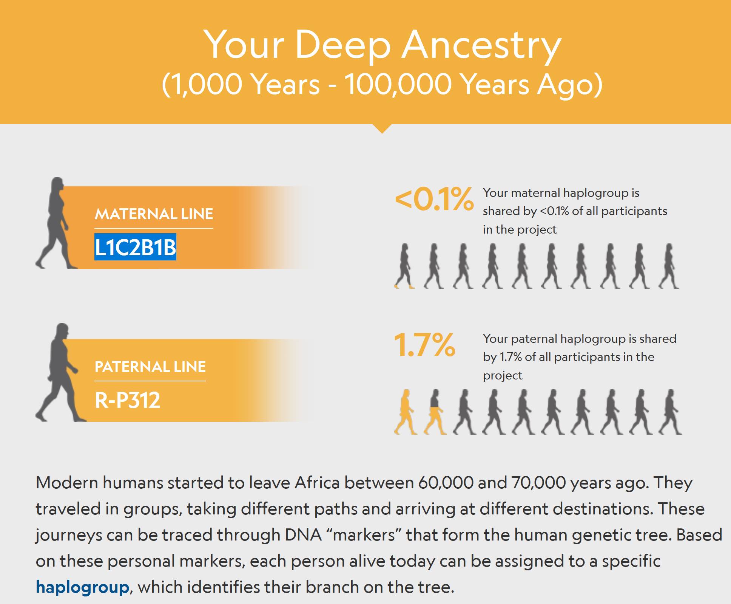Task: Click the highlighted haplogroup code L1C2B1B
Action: point(135,248)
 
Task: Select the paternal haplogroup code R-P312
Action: point(128,400)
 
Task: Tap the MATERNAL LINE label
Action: point(154,214)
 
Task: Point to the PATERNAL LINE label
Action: point(150,367)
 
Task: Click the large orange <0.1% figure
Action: point(434,199)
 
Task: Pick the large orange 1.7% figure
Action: point(424,345)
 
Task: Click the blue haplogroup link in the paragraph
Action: point(83,587)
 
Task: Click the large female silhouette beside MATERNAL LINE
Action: point(56,223)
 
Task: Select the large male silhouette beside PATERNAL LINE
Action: point(60,372)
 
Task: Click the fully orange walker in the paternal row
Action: point(405,412)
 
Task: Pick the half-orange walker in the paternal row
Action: point(435,412)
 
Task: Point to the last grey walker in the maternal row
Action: point(669,266)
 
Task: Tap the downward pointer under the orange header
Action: point(382,129)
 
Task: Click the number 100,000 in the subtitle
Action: point(398,84)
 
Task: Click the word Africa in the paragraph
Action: point(317,483)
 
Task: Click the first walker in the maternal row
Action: point(404,266)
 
